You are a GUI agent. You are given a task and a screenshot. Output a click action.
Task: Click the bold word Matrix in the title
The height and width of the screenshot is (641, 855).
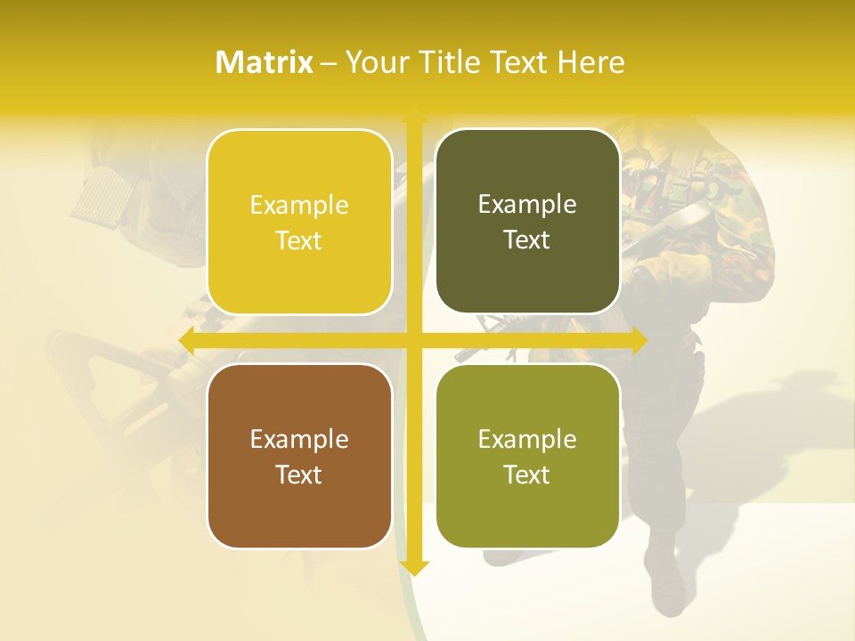pos(265,62)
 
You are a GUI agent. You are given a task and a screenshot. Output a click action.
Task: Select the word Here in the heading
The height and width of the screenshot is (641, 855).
pos(590,62)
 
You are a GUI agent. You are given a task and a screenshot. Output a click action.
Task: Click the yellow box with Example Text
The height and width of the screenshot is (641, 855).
pos(299,222)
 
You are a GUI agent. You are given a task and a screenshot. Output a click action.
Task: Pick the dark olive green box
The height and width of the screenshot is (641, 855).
pos(527,222)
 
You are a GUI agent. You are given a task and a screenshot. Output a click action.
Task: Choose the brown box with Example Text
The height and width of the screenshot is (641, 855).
pos(299,456)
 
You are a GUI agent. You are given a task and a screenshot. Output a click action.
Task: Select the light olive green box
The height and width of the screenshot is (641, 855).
pos(527,456)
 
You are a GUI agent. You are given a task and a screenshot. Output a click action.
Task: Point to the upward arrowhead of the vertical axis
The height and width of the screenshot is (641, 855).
pos(414,116)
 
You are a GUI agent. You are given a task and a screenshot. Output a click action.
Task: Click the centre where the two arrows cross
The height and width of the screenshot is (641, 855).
pos(414,340)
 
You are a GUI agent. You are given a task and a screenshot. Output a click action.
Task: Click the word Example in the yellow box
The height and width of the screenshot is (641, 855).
pos(299,206)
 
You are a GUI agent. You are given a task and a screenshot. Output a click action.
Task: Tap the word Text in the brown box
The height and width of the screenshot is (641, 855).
pos(299,475)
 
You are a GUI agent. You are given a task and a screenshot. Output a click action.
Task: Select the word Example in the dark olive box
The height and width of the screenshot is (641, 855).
pos(527,205)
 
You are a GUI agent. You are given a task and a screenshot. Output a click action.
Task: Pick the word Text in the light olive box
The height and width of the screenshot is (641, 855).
pos(527,475)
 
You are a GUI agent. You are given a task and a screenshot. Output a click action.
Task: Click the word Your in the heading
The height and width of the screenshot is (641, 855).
pos(374,62)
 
